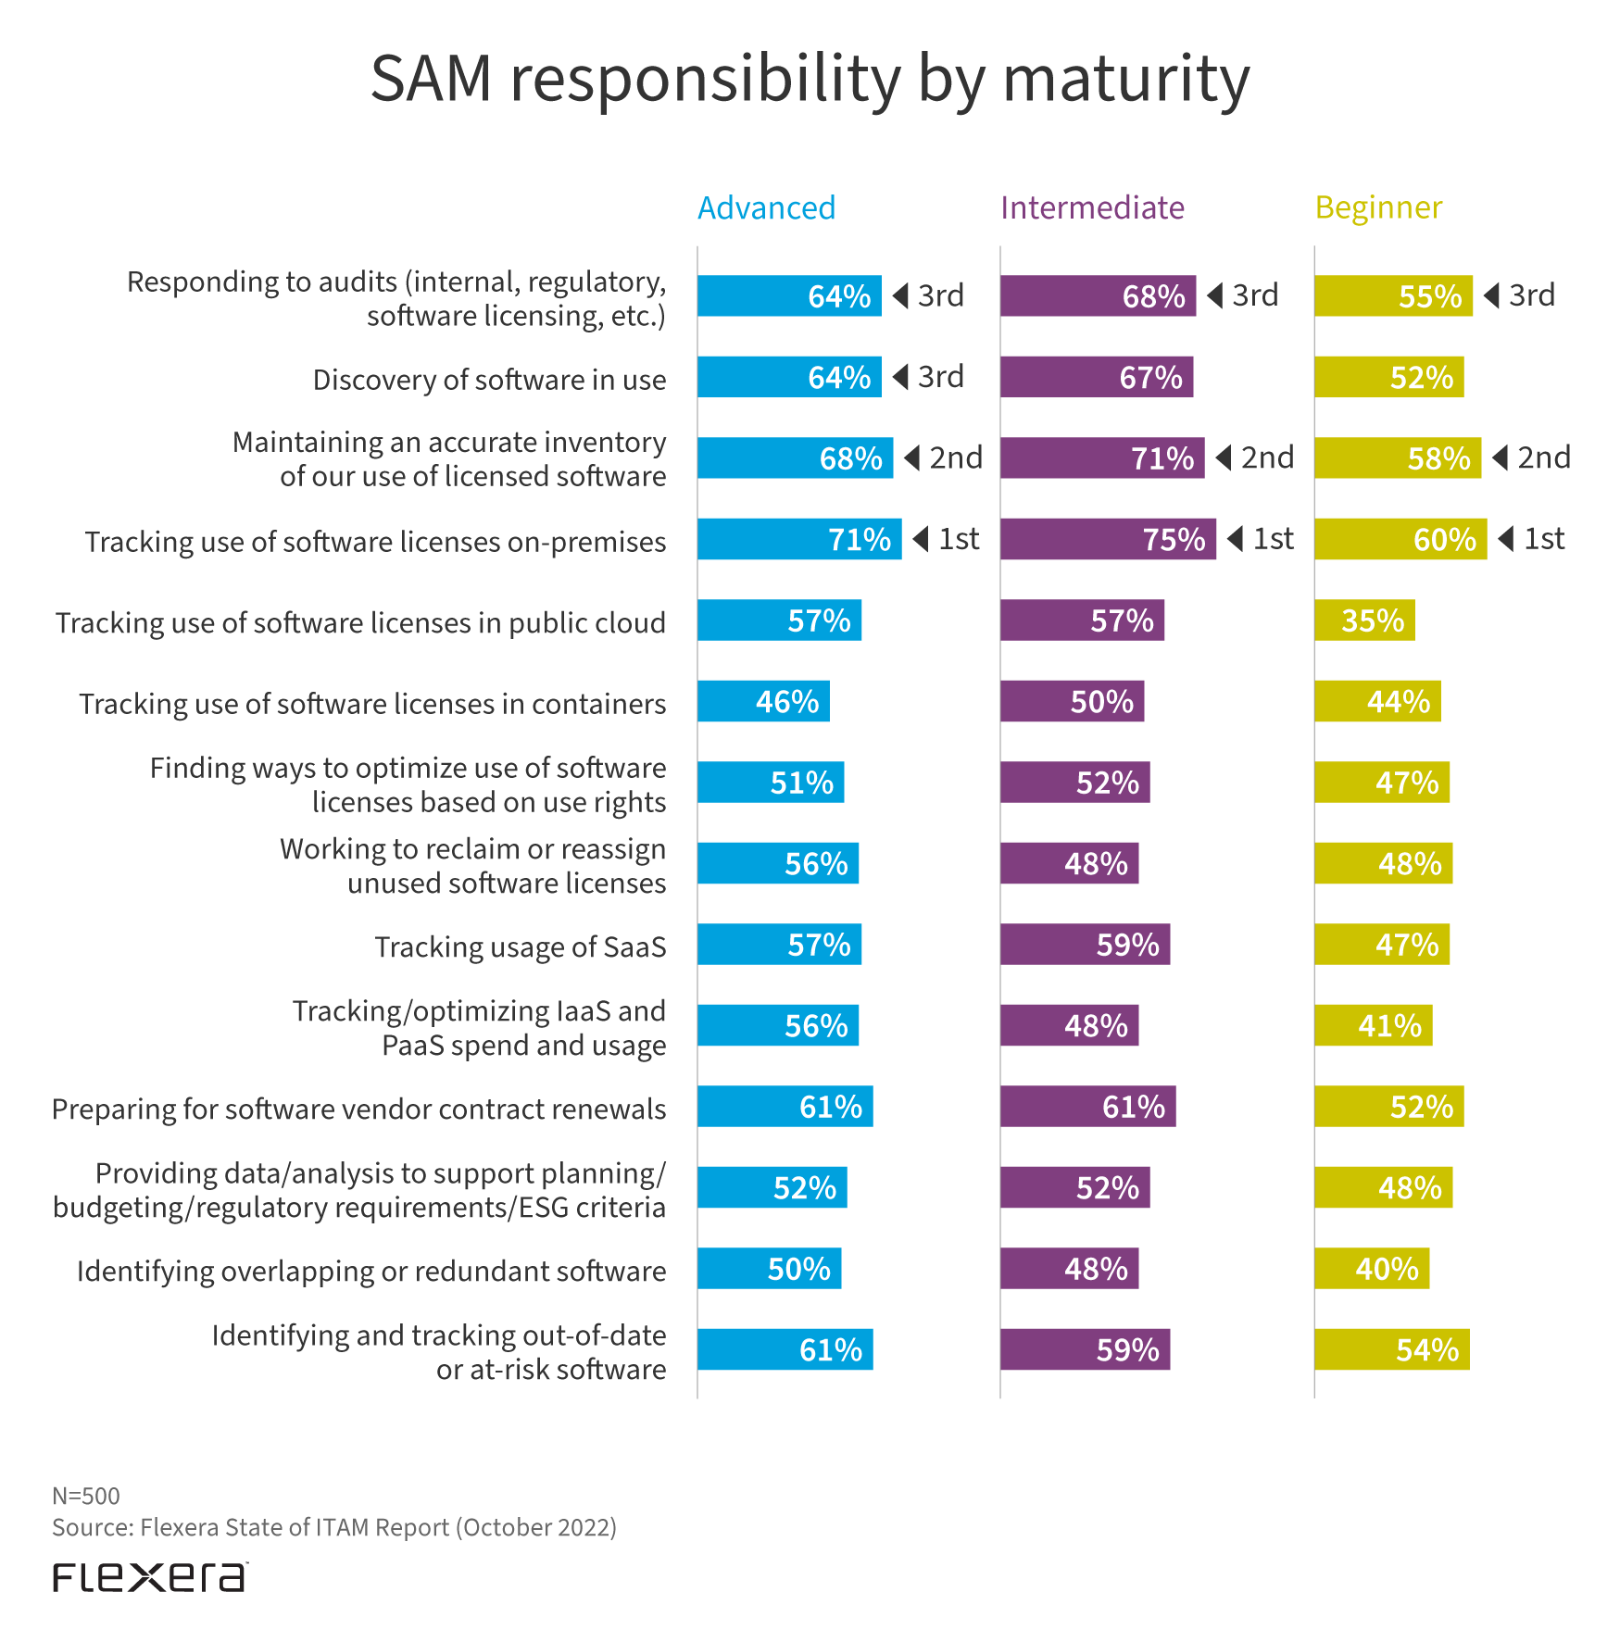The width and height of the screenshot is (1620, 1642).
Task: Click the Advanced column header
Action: click(766, 207)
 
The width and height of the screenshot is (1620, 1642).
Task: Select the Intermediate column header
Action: click(1091, 207)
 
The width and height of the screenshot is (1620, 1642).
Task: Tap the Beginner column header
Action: click(1378, 207)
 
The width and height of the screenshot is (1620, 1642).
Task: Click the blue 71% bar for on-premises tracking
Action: click(798, 539)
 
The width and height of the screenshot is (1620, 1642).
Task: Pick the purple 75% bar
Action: click(1107, 539)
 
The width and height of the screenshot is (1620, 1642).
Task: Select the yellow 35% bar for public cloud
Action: click(1364, 620)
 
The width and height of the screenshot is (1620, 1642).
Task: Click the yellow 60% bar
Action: click(1400, 539)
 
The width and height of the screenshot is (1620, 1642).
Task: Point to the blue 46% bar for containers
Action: click(763, 701)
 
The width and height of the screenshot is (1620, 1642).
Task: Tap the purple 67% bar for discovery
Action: click(1096, 377)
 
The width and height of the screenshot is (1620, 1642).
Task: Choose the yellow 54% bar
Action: click(1391, 1349)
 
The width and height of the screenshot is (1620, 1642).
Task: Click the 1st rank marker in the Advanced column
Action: click(947, 539)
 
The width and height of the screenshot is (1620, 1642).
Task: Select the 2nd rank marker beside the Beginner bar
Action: click(1532, 458)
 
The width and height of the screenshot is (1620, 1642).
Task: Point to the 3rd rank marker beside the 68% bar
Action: click(1243, 295)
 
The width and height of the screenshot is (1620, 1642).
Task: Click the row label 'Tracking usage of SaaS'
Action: click(520, 946)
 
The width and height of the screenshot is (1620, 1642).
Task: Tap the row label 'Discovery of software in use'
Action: click(489, 380)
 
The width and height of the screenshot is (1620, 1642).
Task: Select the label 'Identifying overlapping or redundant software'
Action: click(371, 1271)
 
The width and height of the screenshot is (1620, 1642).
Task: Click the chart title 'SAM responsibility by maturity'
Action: click(810, 79)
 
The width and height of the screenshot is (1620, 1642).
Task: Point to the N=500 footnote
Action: click(86, 1496)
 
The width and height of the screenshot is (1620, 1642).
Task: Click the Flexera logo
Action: click(150, 1577)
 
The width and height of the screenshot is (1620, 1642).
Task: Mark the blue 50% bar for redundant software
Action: click(769, 1269)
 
